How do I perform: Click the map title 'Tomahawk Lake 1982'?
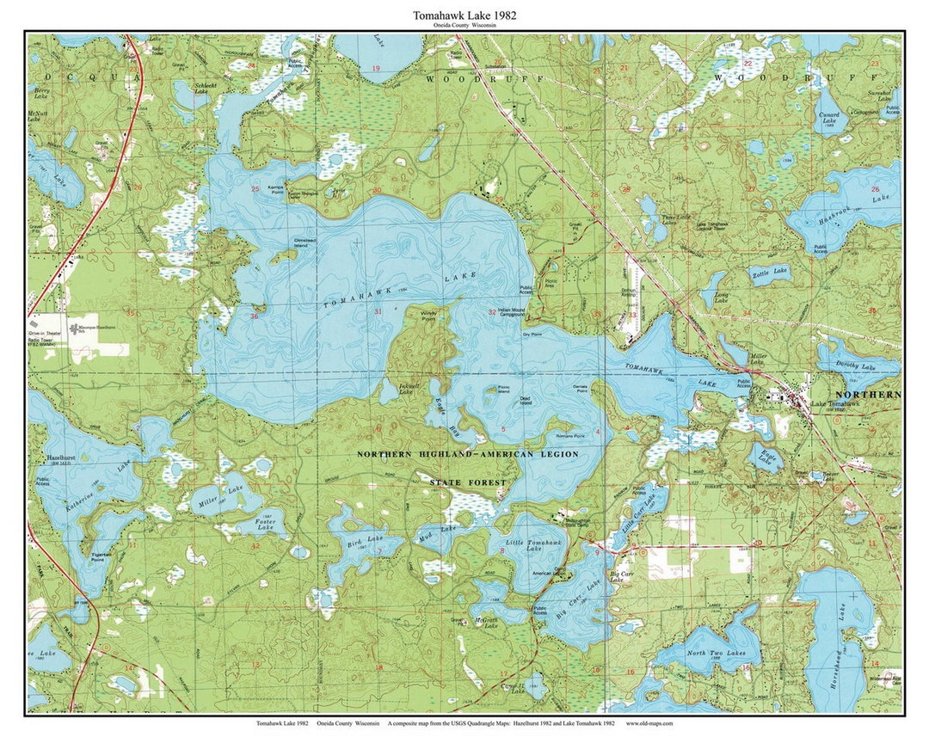pyautogui.click(x=464, y=15)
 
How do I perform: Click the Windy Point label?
pyautogui.click(x=428, y=315)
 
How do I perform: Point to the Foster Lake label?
pyautogui.click(x=264, y=523)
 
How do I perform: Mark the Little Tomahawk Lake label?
pyautogui.click(x=526, y=548)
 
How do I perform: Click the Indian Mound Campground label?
pyautogui.click(x=512, y=312)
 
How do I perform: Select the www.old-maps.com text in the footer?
pyautogui.click(x=649, y=723)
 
